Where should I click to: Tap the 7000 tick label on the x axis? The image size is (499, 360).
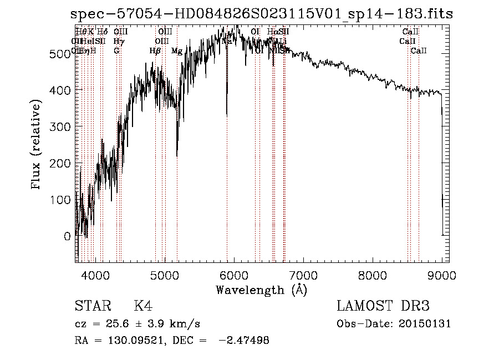tap(303, 275)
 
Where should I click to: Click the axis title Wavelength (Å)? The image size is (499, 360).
tap(261, 290)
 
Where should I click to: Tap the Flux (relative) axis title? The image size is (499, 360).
tap(37, 145)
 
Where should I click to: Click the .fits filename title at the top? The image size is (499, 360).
tap(261, 14)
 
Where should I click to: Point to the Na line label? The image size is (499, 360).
tap(227, 41)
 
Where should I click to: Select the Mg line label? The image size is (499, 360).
tap(177, 51)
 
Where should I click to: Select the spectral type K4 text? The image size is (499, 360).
tap(143, 307)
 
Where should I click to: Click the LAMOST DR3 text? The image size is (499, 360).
tap(383, 307)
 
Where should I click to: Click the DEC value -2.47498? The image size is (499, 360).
tap(244, 341)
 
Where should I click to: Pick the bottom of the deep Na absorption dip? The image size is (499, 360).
tap(227, 115)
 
